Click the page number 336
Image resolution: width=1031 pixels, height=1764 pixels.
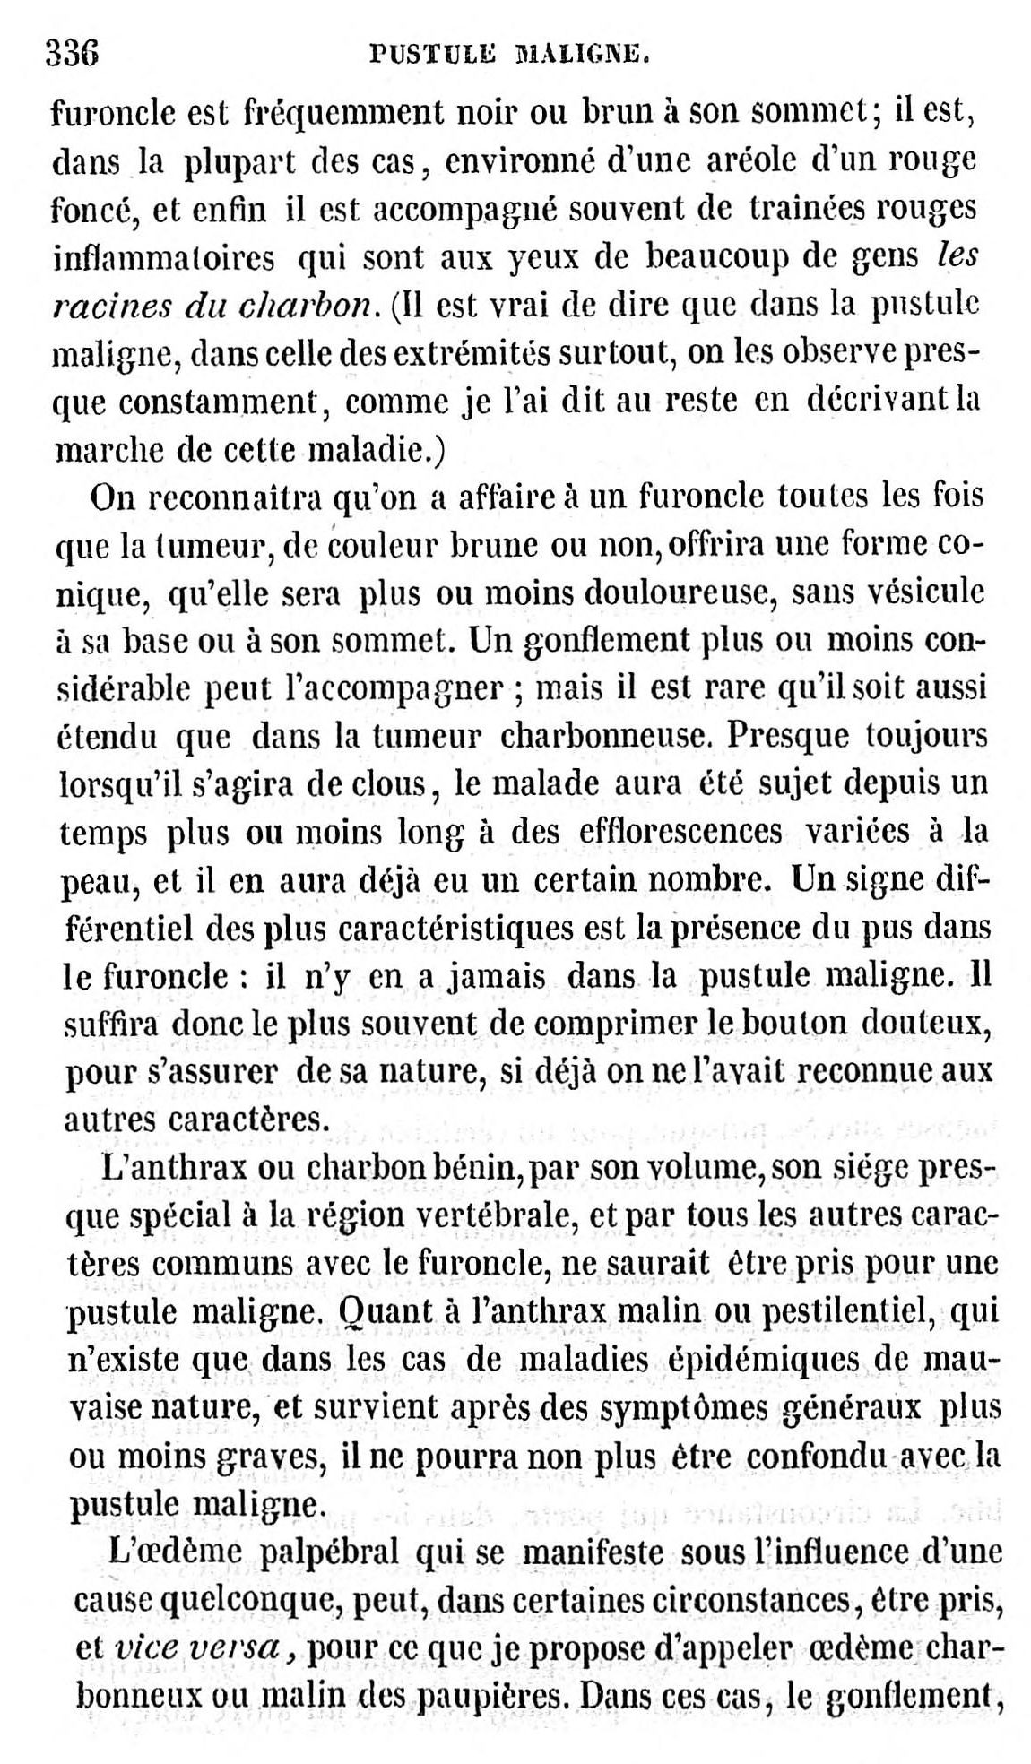tap(72, 55)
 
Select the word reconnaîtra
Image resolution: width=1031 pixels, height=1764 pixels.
tap(232, 497)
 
